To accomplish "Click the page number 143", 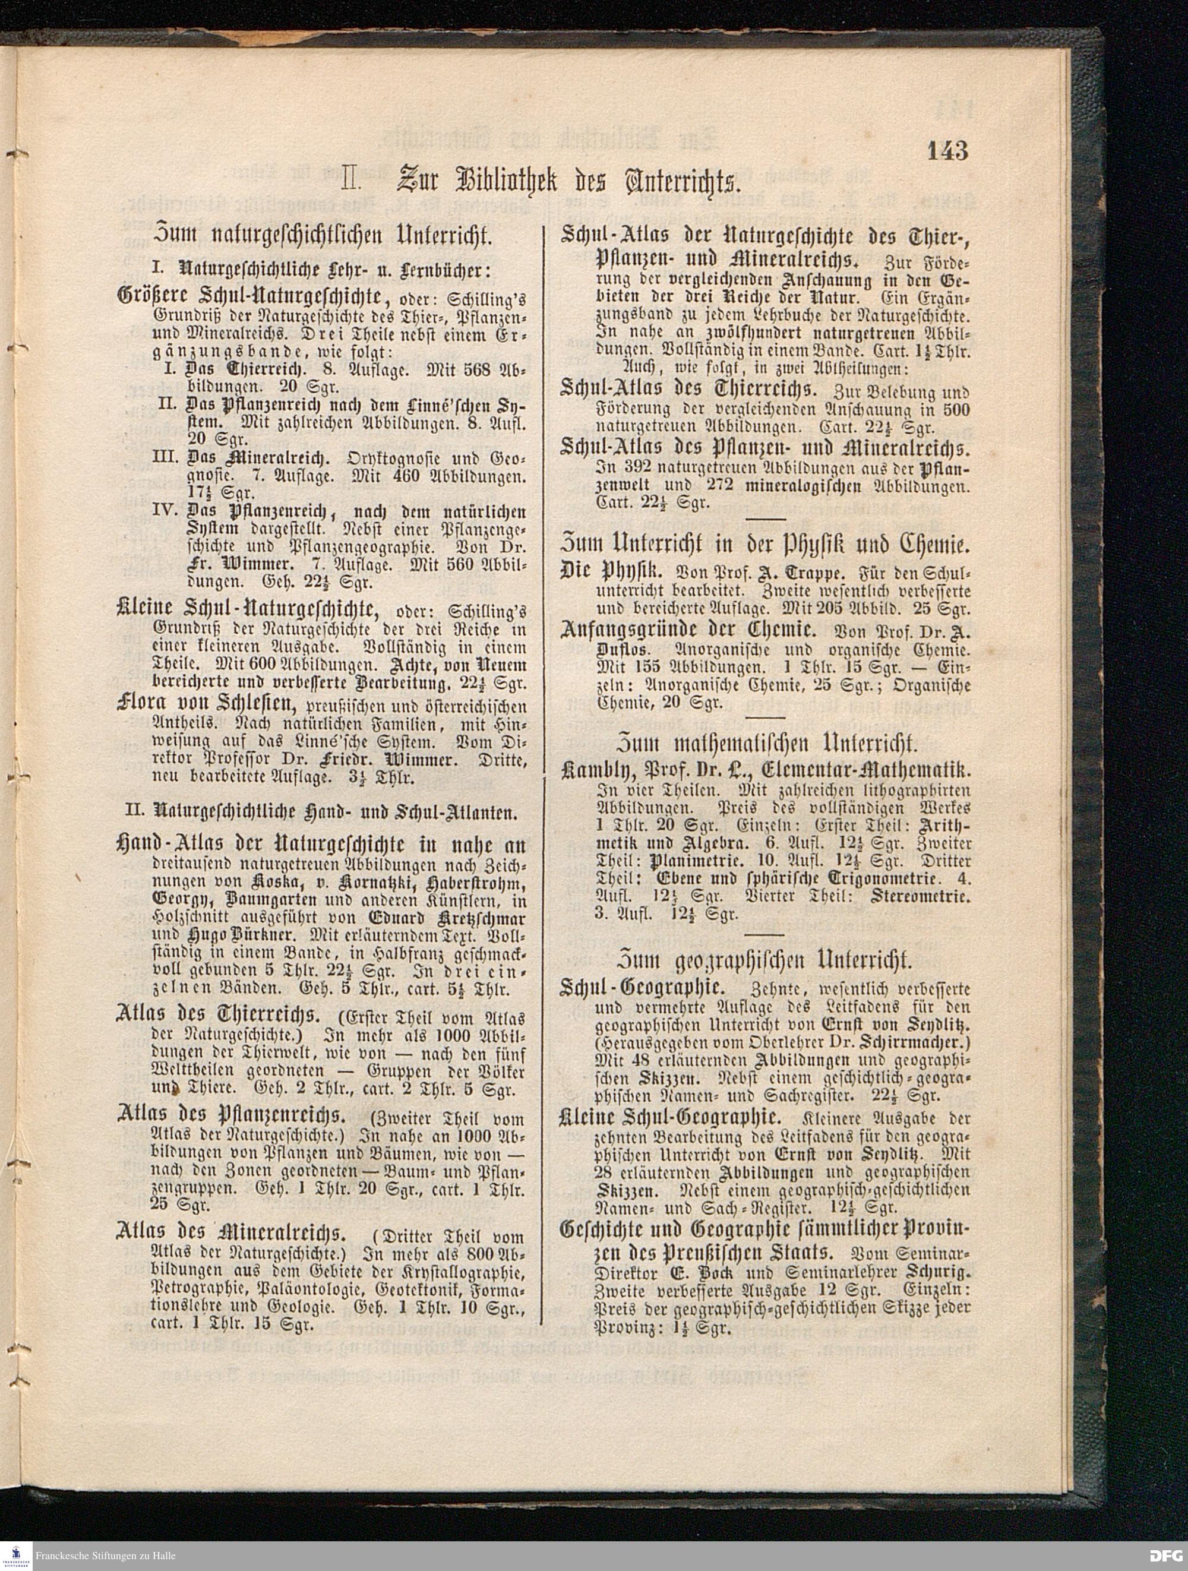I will coord(947,151).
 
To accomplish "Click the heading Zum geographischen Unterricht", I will coord(765,961).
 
